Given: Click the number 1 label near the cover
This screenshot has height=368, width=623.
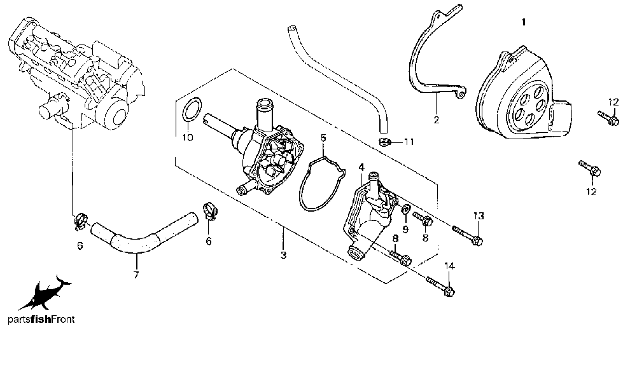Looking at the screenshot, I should coord(524,22).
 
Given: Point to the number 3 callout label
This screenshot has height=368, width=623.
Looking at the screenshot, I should coord(283,255).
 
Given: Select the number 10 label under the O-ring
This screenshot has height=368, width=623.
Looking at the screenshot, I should coord(187,137).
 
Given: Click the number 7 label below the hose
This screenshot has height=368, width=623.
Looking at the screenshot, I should coord(136,275).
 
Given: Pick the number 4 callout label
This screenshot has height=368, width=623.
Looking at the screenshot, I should coord(361,167).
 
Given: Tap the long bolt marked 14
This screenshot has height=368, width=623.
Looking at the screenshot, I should coord(439,286).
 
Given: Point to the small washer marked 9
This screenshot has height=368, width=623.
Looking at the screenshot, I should coord(405,210).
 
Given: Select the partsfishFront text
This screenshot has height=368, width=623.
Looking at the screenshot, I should coord(41,320).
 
